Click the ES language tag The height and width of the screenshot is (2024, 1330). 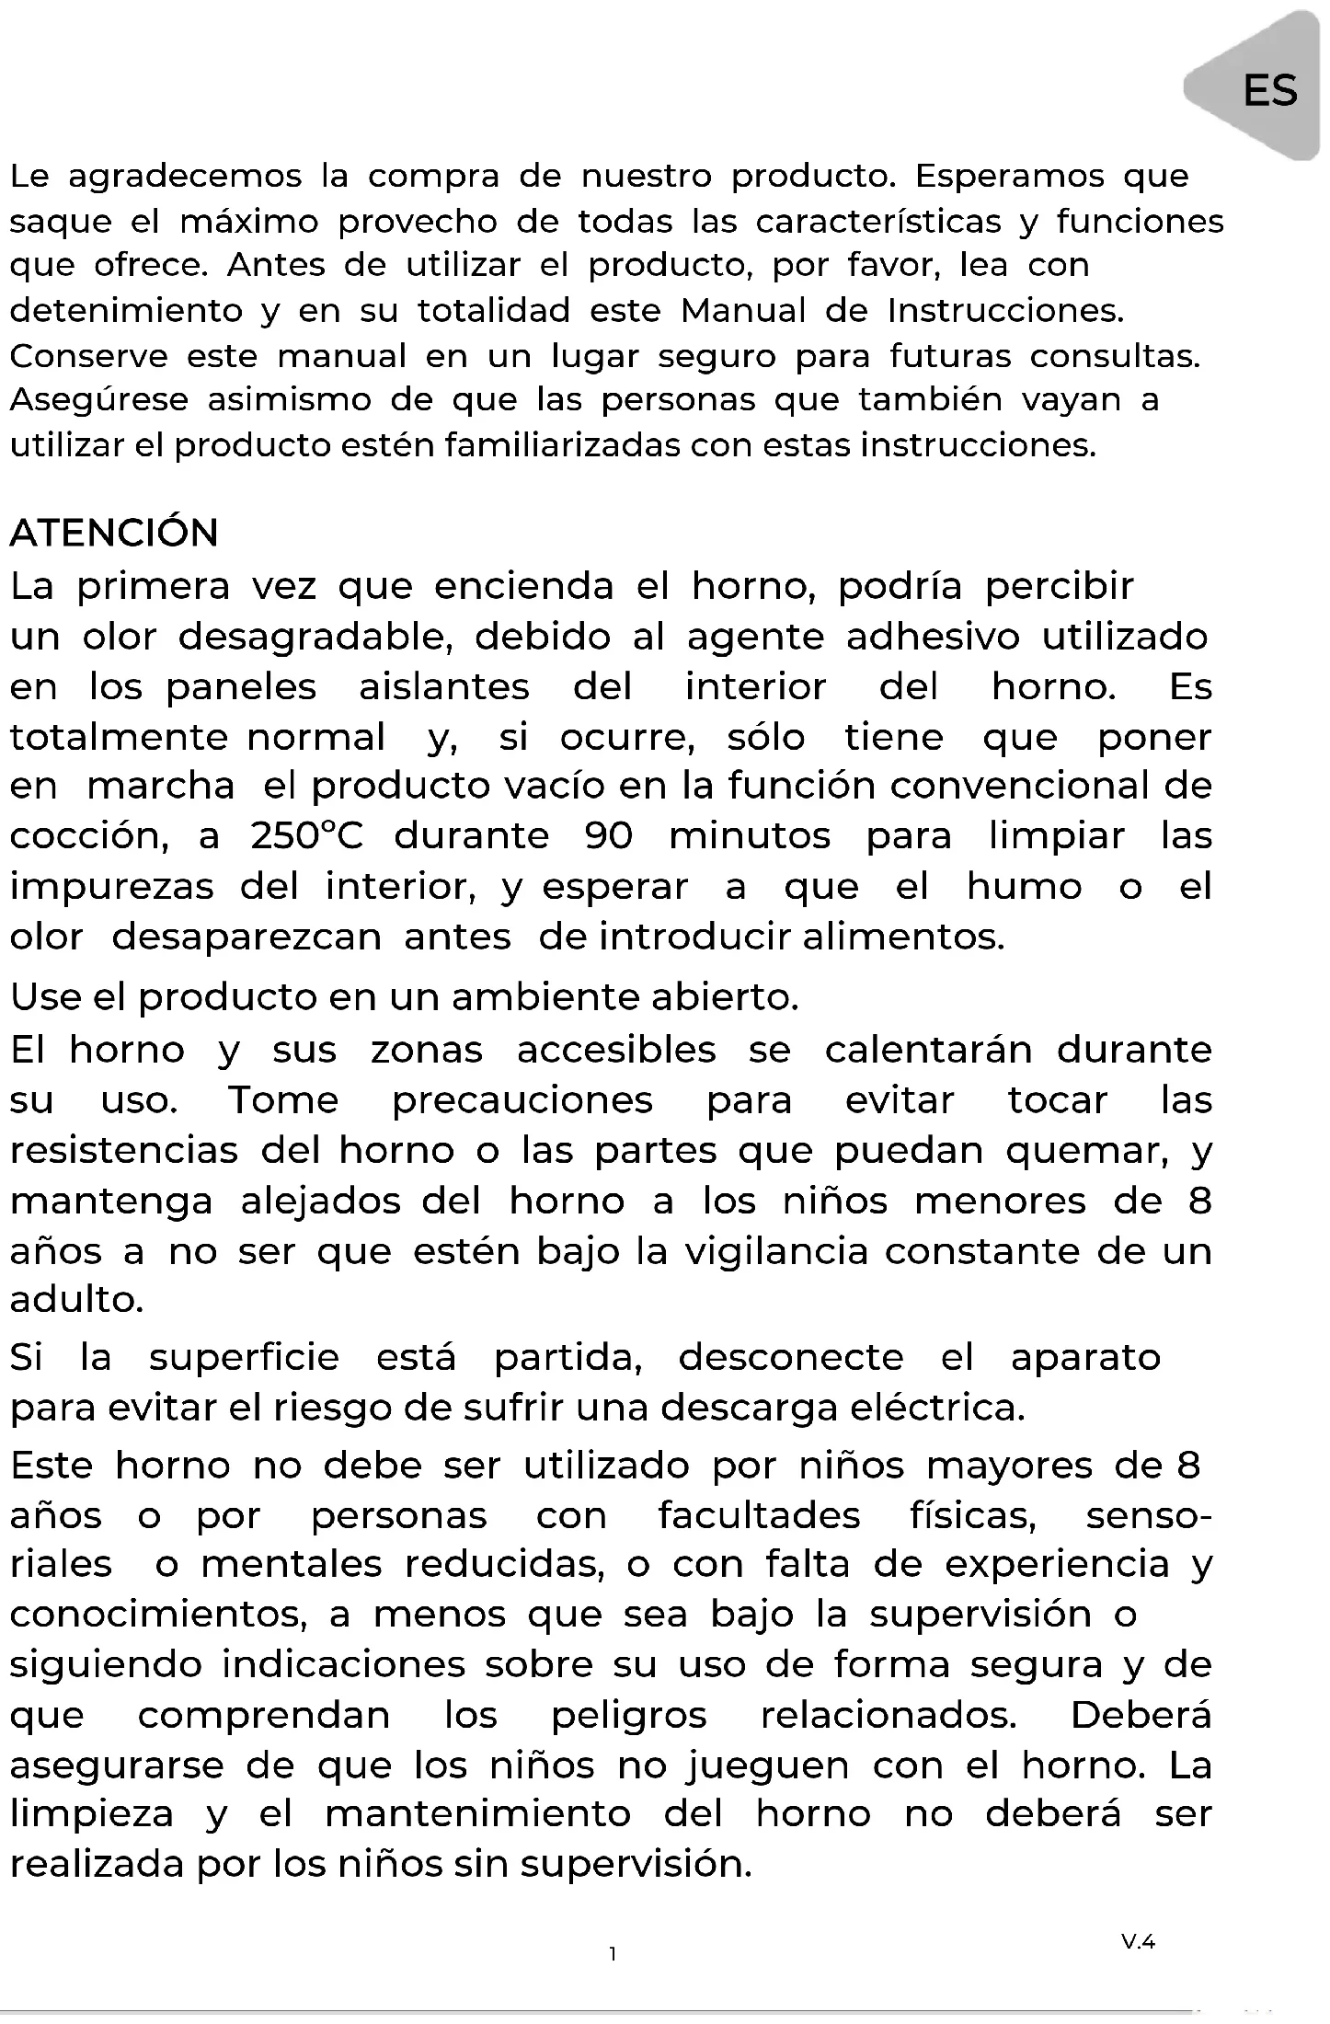tap(1269, 90)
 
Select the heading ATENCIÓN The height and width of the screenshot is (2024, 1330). tap(114, 533)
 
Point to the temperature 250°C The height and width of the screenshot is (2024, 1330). tap(306, 835)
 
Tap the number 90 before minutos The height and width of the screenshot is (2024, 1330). tap(609, 835)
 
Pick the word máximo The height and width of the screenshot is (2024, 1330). tap(249, 221)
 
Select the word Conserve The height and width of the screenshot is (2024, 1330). tap(88, 355)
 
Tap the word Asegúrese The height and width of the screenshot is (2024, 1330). tap(98, 400)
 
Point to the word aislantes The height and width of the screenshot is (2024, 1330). tap(444, 687)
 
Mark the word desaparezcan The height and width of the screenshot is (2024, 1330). tap(247, 937)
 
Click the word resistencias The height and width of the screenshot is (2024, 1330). tap(124, 1150)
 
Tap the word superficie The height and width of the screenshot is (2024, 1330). tap(244, 1358)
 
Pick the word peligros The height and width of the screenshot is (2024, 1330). tap(629, 1715)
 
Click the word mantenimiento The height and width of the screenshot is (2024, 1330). tap(478, 1814)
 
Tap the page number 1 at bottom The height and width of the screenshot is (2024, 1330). tap(613, 1954)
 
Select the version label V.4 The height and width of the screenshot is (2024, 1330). tap(1138, 1942)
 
